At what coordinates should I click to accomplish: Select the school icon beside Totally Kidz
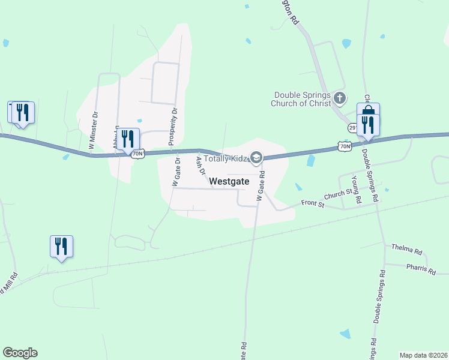click(x=256, y=158)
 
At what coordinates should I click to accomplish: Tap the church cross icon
click(x=339, y=98)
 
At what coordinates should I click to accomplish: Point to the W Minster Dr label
click(x=93, y=130)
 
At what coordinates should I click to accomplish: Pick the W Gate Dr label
click(x=176, y=172)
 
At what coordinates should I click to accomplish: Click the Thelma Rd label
click(x=407, y=247)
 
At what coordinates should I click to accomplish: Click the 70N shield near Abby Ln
click(x=137, y=154)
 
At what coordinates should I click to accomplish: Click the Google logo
click(x=20, y=353)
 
